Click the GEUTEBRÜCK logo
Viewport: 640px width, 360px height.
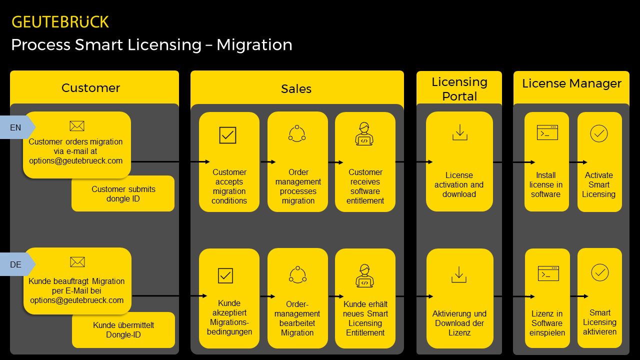(x=60, y=22)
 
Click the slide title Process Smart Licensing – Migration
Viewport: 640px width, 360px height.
(x=151, y=45)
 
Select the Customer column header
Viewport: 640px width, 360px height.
(x=91, y=88)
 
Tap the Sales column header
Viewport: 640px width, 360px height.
(x=296, y=89)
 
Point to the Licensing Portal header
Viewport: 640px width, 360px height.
(x=459, y=88)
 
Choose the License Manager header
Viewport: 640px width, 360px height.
(x=571, y=83)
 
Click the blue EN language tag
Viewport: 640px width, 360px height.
(x=16, y=127)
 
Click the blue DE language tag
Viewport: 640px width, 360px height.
(x=16, y=264)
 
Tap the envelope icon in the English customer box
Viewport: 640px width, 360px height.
(x=77, y=126)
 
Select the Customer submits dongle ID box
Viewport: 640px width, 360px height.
(x=123, y=194)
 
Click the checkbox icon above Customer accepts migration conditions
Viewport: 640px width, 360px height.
(x=227, y=135)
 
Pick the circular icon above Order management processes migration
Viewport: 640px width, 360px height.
(x=297, y=133)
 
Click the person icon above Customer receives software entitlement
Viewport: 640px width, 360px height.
(x=364, y=134)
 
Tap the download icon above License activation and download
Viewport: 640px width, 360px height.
(x=459, y=132)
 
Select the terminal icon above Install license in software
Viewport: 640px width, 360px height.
(x=547, y=132)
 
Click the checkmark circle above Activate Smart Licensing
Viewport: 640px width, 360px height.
(x=599, y=133)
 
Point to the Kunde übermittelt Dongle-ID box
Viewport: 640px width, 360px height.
(x=123, y=330)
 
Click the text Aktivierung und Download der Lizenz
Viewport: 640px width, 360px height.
(x=459, y=323)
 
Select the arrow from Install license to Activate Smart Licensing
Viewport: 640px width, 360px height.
(x=578, y=162)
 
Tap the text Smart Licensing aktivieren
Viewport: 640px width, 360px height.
(x=599, y=322)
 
